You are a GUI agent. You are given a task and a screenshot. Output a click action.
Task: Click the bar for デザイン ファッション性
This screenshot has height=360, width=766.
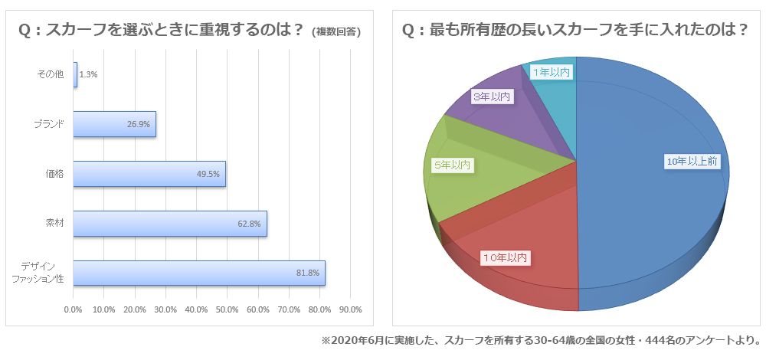point(199,273)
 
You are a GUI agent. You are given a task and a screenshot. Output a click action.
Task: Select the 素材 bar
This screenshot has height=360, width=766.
point(170,224)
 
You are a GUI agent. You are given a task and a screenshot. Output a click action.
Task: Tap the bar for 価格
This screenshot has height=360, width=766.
point(149,174)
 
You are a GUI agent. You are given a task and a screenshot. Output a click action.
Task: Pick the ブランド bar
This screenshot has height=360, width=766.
point(115,124)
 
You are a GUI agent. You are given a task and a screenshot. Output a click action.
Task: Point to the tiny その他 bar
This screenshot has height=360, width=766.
point(75,74)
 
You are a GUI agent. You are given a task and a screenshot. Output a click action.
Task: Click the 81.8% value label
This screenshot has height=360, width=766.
point(306,273)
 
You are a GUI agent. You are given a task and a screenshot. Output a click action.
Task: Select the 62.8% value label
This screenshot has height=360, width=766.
point(249,224)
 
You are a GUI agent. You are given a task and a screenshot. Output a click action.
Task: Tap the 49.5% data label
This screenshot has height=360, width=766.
point(208,174)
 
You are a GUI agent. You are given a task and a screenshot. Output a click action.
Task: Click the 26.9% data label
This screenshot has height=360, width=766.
point(139,124)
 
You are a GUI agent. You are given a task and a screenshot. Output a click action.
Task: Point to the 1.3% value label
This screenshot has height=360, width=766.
point(88,74)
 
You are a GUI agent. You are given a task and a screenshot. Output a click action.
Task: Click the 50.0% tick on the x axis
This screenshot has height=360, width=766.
point(227,309)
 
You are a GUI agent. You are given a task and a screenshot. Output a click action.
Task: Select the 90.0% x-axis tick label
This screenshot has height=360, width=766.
point(350,309)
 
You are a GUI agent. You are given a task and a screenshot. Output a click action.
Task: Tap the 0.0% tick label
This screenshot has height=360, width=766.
point(73,309)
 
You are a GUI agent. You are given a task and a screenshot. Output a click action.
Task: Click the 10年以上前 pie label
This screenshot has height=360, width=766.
point(692,161)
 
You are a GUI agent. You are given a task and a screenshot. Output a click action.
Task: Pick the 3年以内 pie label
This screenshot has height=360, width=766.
point(491,97)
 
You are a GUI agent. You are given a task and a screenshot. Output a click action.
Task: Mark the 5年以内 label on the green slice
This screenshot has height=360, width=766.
point(452,165)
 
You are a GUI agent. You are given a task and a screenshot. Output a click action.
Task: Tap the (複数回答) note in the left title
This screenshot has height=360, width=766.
point(337,32)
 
